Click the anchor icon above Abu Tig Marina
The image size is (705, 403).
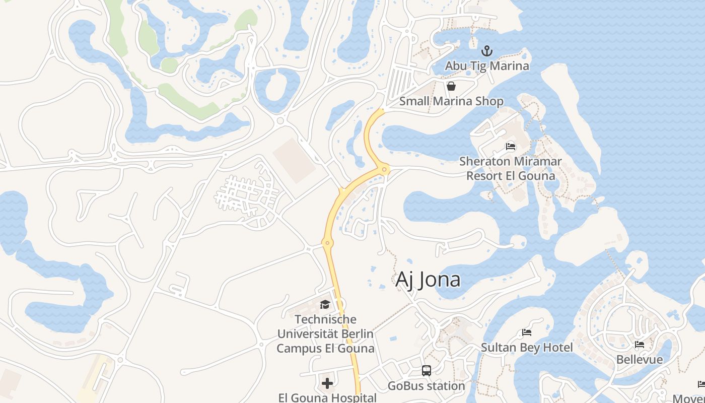click(x=486, y=51)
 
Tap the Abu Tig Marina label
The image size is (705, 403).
click(x=486, y=66)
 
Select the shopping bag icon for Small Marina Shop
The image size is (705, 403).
click(x=451, y=86)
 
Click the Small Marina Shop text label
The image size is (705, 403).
click(x=451, y=101)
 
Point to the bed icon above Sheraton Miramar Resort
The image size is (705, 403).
click(x=511, y=147)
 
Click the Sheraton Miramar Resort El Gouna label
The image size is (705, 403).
click(x=511, y=169)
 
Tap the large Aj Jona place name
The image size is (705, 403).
click(x=428, y=280)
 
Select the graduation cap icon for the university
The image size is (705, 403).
click(x=325, y=304)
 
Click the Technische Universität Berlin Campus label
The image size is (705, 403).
click(x=325, y=333)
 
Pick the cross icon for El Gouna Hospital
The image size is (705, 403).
click(x=327, y=383)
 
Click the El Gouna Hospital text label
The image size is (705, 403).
click(x=327, y=397)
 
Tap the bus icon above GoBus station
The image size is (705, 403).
click(x=427, y=371)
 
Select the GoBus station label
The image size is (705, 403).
click(x=427, y=386)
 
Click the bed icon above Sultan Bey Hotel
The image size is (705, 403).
click(x=527, y=332)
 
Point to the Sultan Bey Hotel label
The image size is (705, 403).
click(x=527, y=348)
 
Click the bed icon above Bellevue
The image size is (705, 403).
click(x=640, y=345)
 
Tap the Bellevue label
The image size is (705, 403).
click(x=640, y=360)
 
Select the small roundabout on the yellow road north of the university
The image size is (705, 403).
click(x=327, y=243)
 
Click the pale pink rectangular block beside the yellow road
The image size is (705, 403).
click(x=295, y=160)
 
